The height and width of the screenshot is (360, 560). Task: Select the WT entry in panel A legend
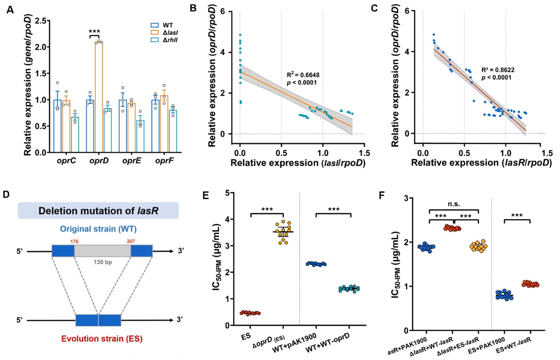pyautogui.click(x=168, y=25)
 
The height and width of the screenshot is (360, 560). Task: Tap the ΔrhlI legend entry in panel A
pyautogui.click(x=170, y=40)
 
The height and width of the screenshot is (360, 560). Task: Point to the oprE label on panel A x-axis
pyautogui.click(x=132, y=161)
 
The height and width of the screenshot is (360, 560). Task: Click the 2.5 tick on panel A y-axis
pyautogui.click(x=40, y=21)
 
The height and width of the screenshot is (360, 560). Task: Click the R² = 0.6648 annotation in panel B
pyautogui.click(x=303, y=75)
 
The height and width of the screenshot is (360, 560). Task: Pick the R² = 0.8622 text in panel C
pyautogui.click(x=497, y=70)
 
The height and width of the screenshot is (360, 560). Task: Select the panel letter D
pyautogui.click(x=6, y=195)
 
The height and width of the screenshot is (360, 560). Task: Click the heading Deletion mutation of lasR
pyautogui.click(x=98, y=211)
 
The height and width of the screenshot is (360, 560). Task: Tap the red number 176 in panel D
pyautogui.click(x=74, y=241)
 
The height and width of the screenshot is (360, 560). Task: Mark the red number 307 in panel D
pyautogui.click(x=131, y=241)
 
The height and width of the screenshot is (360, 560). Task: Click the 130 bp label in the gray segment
pyautogui.click(x=103, y=262)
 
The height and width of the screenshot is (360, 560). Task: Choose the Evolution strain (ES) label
pyautogui.click(x=102, y=339)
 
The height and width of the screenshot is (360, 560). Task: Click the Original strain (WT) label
pyautogui.click(x=98, y=229)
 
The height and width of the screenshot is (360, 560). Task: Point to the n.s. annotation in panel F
pyautogui.click(x=454, y=204)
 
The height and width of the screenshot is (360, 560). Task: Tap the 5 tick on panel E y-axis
pyautogui.click(x=227, y=193)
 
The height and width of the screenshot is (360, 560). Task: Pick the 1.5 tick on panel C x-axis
pyautogui.click(x=547, y=153)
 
